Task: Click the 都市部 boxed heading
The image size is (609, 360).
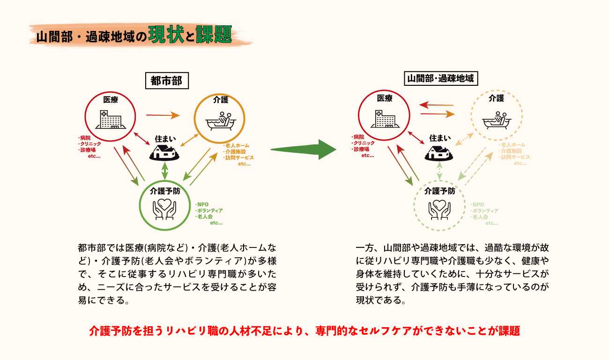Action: pos(166,81)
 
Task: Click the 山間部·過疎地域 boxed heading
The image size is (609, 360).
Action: pos(441,79)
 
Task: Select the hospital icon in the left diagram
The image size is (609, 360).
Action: pos(110,119)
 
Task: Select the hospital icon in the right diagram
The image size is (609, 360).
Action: pos(384,119)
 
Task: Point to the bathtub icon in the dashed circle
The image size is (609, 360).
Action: pos(497,120)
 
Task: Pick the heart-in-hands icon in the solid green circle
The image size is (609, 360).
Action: pos(164,209)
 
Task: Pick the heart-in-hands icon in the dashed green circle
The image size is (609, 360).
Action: pos(440,209)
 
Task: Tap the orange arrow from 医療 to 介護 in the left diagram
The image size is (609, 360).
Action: pos(163,114)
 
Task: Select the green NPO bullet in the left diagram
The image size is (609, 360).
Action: pos(202,204)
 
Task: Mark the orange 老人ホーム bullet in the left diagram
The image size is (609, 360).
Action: pos(237,145)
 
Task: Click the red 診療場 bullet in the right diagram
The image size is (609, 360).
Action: pos(359,149)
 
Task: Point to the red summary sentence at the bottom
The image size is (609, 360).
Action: pos(304,330)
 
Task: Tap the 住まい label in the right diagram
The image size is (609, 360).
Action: pos(440,138)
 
